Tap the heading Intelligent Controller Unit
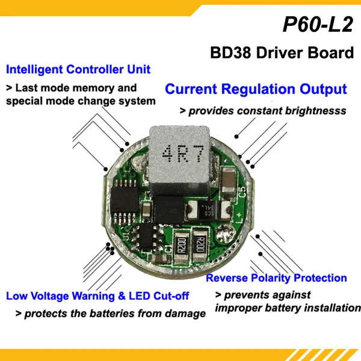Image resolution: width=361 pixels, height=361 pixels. tap(78, 69)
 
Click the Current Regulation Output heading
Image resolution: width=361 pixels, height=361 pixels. tap(256, 90)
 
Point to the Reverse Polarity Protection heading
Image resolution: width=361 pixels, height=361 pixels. tap(276, 278)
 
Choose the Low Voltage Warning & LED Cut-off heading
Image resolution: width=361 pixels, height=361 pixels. tap(97, 296)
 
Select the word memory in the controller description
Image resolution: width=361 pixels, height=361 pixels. tap(106, 88)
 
